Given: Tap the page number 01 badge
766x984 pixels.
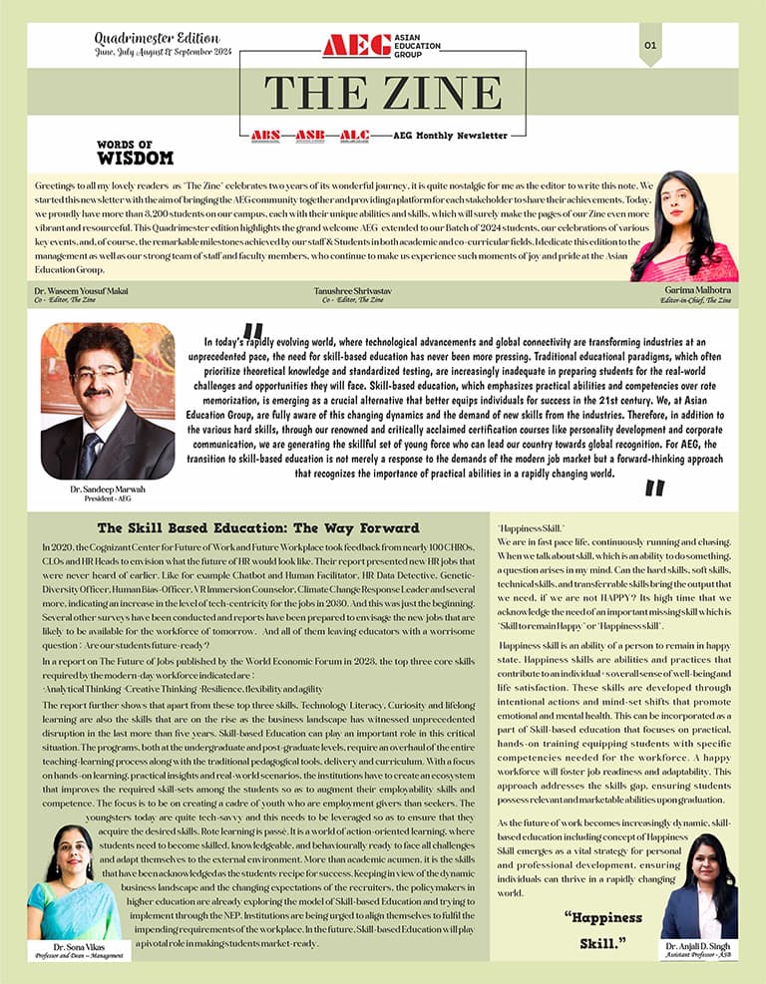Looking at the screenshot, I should point(650,45).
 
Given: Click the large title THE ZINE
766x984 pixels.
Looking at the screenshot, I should point(382,93).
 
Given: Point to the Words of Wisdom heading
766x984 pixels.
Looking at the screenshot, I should point(135,152).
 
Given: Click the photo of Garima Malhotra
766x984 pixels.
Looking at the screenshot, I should point(683,226).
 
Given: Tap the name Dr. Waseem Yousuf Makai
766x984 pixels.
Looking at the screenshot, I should point(86,289).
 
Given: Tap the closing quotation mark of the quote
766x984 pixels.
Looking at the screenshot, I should point(654,488).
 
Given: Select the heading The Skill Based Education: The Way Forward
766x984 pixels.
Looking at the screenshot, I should point(257,527).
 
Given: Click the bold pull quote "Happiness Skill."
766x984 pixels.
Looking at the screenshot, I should point(602,929).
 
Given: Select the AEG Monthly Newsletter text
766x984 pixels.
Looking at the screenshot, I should point(451,135).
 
